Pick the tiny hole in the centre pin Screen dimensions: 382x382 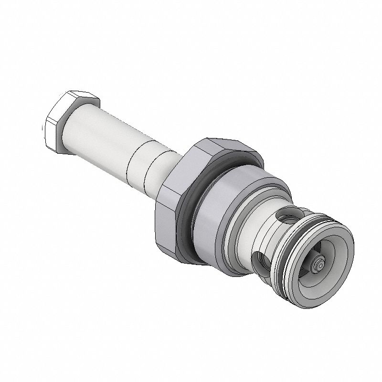click(320, 263)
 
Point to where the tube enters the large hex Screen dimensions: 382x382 click(172, 165)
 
